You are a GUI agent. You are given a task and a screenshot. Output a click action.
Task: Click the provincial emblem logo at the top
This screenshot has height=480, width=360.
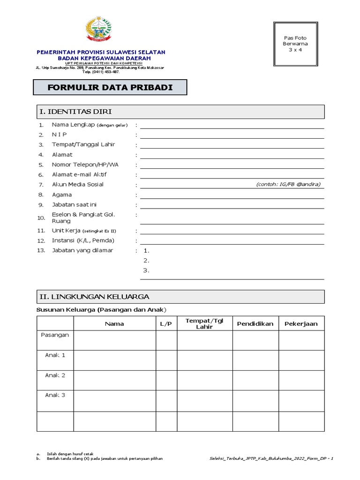point(101,29)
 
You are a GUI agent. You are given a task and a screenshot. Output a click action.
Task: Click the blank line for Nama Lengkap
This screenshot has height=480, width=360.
point(232,125)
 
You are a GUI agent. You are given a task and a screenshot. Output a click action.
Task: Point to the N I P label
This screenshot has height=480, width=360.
point(60,135)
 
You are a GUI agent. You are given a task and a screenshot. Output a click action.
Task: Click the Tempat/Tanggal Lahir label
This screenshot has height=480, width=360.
point(83,144)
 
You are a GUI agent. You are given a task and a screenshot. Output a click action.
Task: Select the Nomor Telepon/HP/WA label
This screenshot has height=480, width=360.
point(85,165)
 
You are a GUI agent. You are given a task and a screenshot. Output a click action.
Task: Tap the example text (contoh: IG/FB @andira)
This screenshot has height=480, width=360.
point(288,184)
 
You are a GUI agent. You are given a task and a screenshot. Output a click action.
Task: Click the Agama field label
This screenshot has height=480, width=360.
point(62,195)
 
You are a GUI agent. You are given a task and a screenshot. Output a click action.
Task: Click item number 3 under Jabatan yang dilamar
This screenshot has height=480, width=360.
point(146,270)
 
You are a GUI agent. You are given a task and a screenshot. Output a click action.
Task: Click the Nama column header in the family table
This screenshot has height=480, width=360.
point(114,323)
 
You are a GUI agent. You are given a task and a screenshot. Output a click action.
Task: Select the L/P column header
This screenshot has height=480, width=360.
point(166,323)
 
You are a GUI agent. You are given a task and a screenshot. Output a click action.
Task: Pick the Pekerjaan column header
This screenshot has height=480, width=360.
point(301,323)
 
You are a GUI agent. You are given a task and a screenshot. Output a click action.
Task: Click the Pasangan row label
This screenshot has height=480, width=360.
point(55,335)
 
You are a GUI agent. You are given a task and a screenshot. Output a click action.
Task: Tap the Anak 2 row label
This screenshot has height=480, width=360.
point(55,375)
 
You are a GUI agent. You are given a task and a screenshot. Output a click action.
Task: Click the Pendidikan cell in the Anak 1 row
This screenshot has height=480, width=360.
point(255,360)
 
